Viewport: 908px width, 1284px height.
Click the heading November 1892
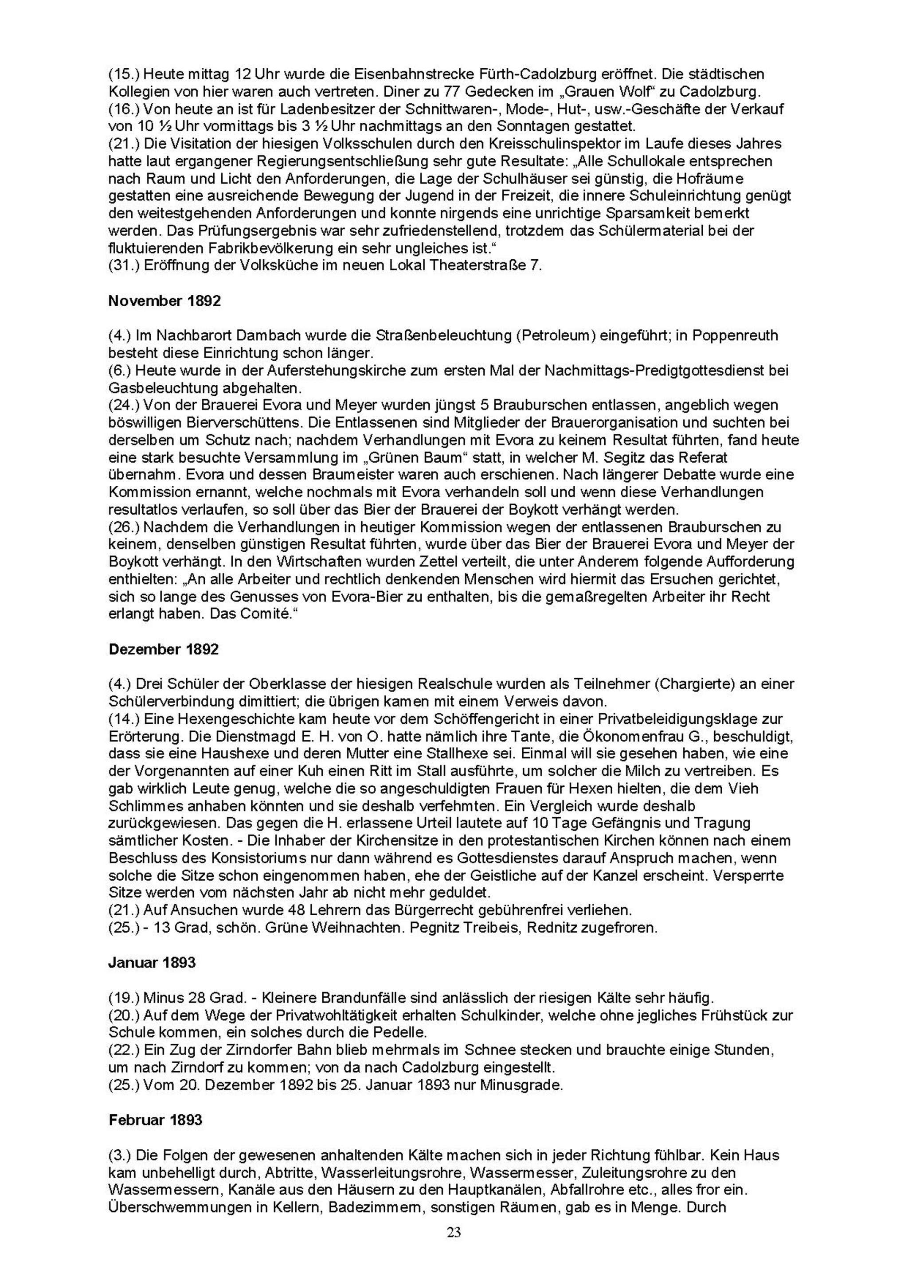coord(164,301)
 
